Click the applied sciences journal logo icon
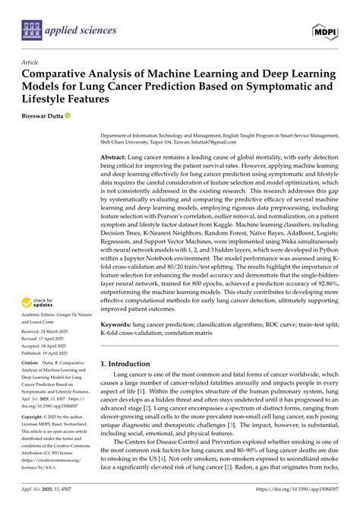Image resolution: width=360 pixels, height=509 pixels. (32, 30)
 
